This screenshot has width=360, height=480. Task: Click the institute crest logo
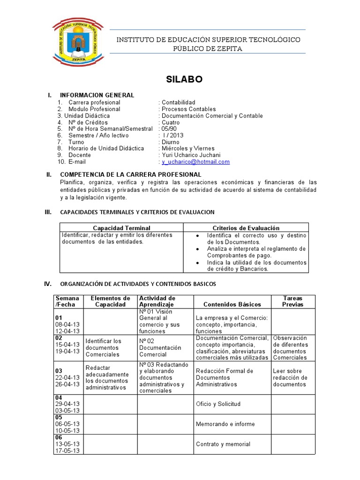pos(76,42)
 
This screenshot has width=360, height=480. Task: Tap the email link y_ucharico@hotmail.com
pos(195,162)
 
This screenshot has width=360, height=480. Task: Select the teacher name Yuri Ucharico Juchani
pos(191,155)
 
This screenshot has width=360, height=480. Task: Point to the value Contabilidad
pos(179,102)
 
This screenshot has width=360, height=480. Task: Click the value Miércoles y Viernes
pos(188,149)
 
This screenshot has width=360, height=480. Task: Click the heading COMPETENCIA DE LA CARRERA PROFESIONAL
pos(131,175)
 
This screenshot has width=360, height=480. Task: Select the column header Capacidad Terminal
pos(121,228)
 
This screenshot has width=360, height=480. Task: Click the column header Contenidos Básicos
pos(232,304)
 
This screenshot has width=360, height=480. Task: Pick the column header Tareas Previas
pos(293,301)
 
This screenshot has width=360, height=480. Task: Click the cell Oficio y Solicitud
pos(218,404)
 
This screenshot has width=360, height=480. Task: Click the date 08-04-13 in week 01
pos(67,324)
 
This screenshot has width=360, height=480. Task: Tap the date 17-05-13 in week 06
pos(67,451)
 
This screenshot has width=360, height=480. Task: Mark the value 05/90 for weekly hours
pos(169,129)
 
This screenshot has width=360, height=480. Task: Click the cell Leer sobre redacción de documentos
pos(290,377)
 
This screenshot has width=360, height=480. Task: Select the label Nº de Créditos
pos(88,122)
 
